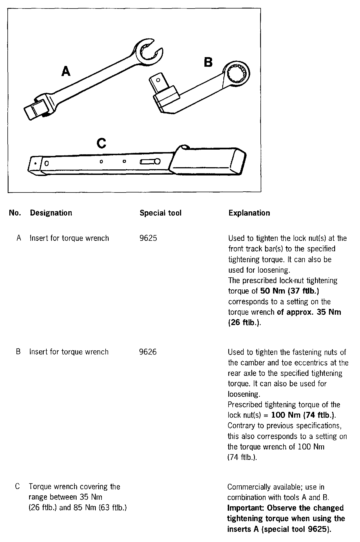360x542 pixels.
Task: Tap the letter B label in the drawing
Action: pos(208,62)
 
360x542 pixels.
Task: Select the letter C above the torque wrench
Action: pos(101,143)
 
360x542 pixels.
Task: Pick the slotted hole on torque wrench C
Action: pos(150,162)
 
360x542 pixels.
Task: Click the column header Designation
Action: pos(51,213)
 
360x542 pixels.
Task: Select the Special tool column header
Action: pos(161,213)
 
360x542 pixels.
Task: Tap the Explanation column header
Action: pos(249,213)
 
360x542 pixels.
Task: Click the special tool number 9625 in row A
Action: pos(148,238)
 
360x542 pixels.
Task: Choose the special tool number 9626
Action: pos(148,352)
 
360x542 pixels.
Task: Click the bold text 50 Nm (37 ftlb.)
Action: pos(289,291)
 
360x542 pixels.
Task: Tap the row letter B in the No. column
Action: pos(18,352)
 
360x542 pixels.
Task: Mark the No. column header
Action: pos(15,213)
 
